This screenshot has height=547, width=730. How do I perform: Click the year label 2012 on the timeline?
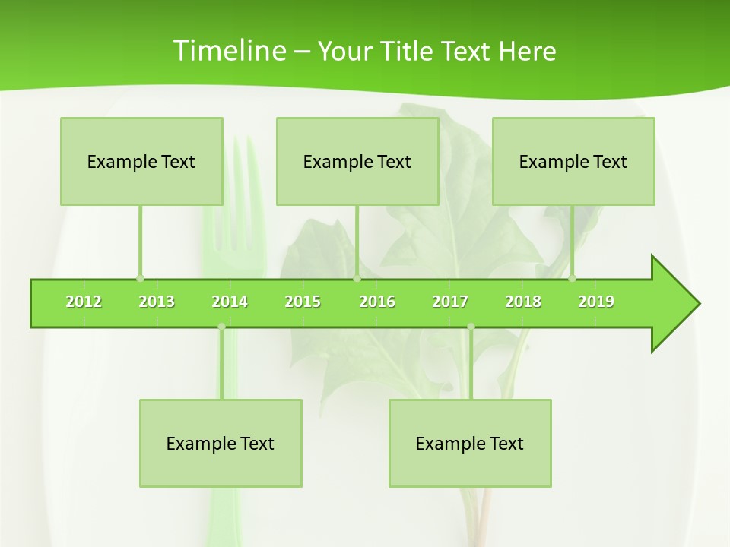[x=84, y=302]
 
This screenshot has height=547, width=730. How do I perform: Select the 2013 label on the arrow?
[x=157, y=302]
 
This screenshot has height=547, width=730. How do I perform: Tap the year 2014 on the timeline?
[x=230, y=302]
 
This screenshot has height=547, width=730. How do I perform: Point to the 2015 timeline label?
[x=303, y=302]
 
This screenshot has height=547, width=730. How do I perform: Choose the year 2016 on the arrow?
[x=377, y=302]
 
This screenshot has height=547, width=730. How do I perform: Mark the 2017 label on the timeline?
[x=450, y=302]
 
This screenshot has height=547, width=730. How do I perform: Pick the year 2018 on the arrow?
[x=523, y=302]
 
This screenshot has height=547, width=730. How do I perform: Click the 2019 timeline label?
[x=596, y=302]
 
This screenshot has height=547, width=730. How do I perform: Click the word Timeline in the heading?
[x=228, y=51]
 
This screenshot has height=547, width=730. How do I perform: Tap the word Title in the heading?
[x=408, y=51]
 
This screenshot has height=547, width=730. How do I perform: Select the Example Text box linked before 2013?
[x=141, y=161]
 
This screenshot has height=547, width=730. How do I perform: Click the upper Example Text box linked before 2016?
[x=357, y=161]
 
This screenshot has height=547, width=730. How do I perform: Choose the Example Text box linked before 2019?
[x=573, y=161]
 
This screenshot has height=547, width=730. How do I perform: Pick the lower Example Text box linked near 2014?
[x=221, y=443]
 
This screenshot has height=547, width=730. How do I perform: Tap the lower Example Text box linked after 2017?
[x=470, y=443]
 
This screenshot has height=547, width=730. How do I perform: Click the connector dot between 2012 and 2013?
[x=140, y=278]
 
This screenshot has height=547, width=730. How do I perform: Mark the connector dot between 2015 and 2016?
[x=357, y=278]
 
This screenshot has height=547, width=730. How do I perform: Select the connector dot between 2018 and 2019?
[x=572, y=278]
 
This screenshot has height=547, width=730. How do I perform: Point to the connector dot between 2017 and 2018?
[x=471, y=327]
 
